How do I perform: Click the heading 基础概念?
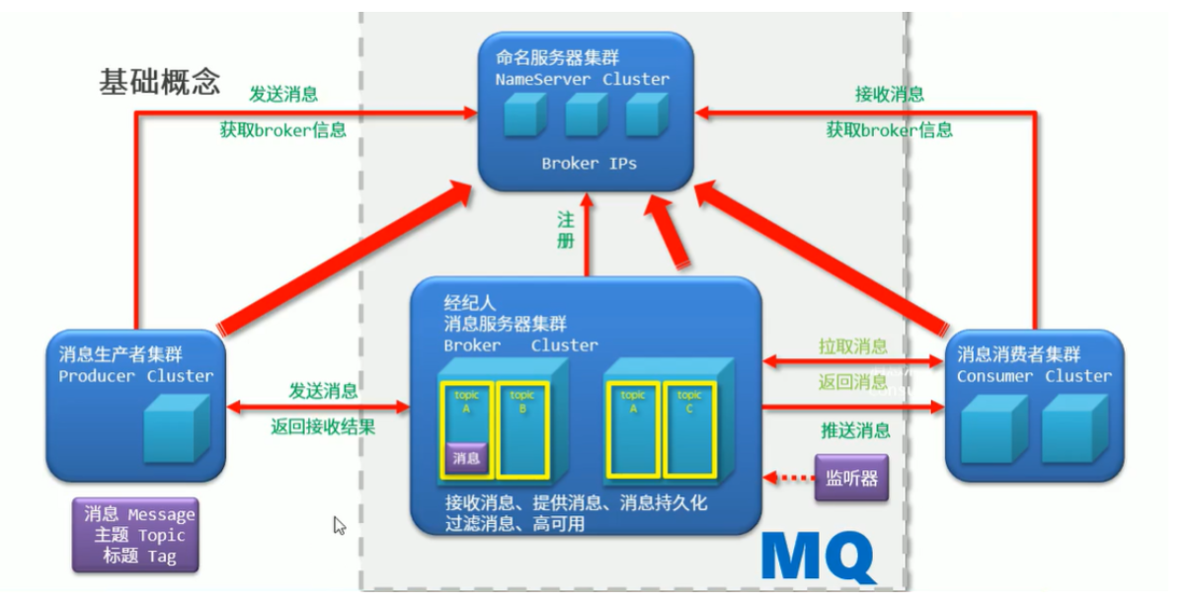[x=159, y=81]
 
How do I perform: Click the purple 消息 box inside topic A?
[x=466, y=458]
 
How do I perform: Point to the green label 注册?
[x=565, y=231]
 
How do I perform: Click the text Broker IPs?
[x=589, y=164]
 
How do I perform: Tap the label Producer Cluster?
[x=135, y=376]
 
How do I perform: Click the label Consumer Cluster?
[x=1033, y=376]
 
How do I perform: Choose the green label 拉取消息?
[x=852, y=346]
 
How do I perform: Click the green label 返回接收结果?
[x=323, y=428]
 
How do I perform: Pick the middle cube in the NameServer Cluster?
[x=586, y=116]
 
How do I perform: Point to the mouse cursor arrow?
[x=339, y=525]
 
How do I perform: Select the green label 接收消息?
[x=889, y=95]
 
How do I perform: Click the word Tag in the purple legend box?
[x=161, y=556]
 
